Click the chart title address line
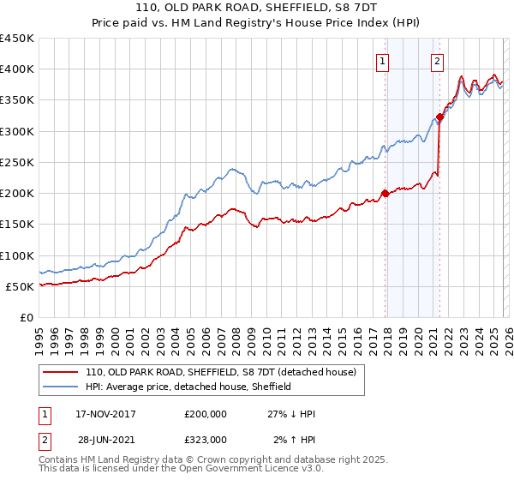256,9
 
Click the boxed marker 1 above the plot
382,61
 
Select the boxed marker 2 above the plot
437,61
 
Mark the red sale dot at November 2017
385,193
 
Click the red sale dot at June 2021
439,117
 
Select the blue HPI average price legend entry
188,387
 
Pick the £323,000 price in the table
206,439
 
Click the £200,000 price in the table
206,414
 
